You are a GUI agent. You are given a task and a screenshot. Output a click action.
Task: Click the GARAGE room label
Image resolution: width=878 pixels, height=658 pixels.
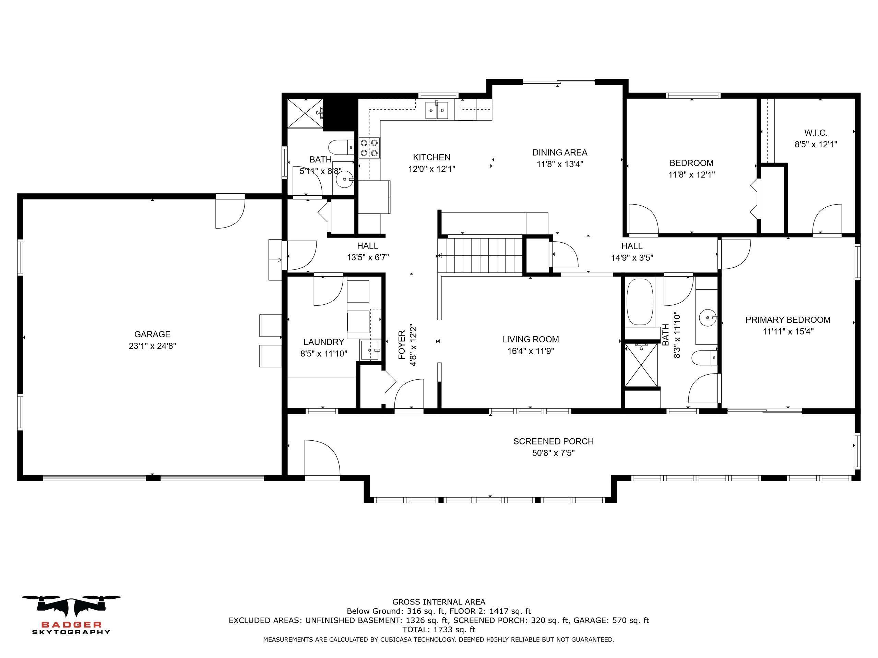click(152, 334)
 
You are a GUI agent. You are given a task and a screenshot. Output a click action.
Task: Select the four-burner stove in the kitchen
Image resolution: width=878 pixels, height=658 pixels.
click(369, 148)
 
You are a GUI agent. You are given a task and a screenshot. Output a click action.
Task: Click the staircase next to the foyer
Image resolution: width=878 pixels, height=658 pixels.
click(480, 255)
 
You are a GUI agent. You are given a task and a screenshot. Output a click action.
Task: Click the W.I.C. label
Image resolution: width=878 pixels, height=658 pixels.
click(816, 133)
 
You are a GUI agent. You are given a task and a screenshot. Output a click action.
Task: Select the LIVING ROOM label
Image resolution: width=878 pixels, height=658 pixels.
click(530, 340)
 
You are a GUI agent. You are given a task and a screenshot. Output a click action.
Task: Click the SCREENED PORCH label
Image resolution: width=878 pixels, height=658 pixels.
click(553, 441)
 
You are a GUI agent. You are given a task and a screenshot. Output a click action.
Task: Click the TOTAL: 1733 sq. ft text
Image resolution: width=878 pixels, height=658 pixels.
click(439, 630)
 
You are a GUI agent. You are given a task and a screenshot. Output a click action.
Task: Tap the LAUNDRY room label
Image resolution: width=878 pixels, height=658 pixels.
click(323, 342)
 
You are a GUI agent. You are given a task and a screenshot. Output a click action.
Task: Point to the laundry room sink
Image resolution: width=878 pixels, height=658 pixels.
click(371, 350)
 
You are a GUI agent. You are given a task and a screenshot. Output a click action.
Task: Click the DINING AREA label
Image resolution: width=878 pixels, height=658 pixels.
click(560, 152)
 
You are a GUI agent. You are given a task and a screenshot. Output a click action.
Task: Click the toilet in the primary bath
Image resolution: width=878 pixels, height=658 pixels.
click(705, 358)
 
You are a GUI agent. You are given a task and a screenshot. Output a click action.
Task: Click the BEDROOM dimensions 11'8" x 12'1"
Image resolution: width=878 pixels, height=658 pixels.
click(691, 174)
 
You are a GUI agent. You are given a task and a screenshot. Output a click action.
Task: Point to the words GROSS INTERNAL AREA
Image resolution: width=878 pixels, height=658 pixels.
click(439, 602)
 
